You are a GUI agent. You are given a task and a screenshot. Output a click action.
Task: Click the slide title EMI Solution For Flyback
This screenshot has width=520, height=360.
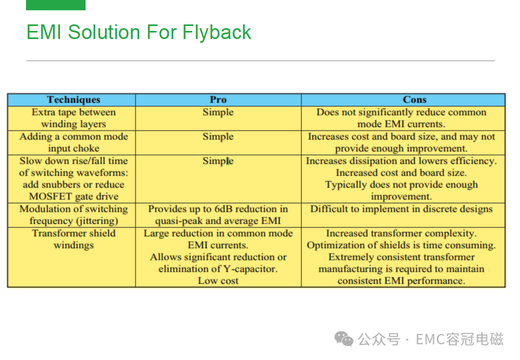[x=139, y=33]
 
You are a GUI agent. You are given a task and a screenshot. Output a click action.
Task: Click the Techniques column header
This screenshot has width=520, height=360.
[x=73, y=100]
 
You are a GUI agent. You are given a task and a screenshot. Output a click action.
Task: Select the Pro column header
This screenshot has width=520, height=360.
[x=218, y=100]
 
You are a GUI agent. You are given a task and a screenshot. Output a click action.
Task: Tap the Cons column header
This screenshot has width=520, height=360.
[x=414, y=100]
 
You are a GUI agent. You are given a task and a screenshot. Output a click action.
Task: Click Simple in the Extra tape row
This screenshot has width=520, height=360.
[x=218, y=112]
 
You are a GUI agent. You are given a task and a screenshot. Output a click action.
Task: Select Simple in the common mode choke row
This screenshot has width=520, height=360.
[x=218, y=137]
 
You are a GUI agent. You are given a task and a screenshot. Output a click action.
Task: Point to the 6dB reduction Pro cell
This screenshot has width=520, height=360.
[x=218, y=215]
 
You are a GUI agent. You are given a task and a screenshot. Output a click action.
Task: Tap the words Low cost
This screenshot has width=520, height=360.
[x=218, y=281]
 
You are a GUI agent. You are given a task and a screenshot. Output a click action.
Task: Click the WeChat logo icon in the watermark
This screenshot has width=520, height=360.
[x=344, y=339]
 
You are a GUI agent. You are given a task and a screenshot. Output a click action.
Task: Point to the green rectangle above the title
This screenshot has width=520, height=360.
[x=56, y=5]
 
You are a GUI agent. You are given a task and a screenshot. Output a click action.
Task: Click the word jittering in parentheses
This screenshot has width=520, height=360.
[x=97, y=221]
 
